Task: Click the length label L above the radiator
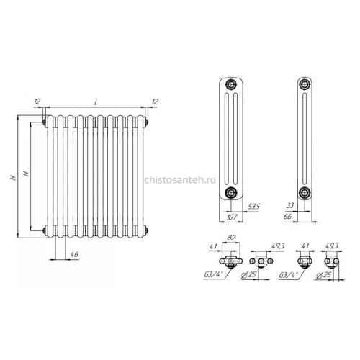click(x=96, y=102)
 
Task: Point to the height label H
click(x=13, y=178)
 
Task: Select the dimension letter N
click(x=26, y=174)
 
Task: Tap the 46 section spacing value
click(x=74, y=254)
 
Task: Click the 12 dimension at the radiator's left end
click(x=37, y=102)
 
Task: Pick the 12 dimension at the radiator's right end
click(x=155, y=102)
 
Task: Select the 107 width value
click(x=232, y=217)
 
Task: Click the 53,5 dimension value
click(x=253, y=207)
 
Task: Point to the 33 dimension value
click(x=290, y=206)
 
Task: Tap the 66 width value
click(x=287, y=217)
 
